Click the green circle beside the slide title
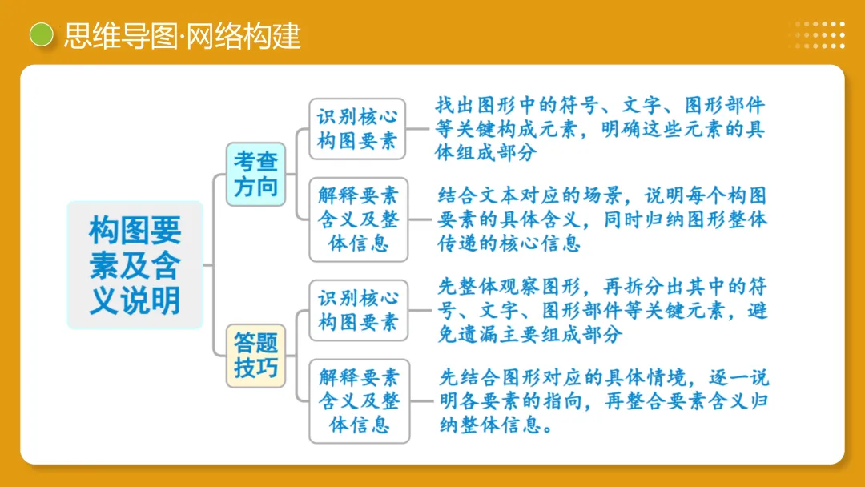[41, 34]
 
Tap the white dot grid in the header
[820, 35]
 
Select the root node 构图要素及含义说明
[135, 265]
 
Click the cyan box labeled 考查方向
[255, 174]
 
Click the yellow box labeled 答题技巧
[255, 356]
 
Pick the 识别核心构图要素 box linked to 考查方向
[357, 128]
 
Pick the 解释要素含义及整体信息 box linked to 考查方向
[358, 219]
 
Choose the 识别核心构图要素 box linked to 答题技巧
[358, 310]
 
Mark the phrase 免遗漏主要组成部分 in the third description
[529, 334]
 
